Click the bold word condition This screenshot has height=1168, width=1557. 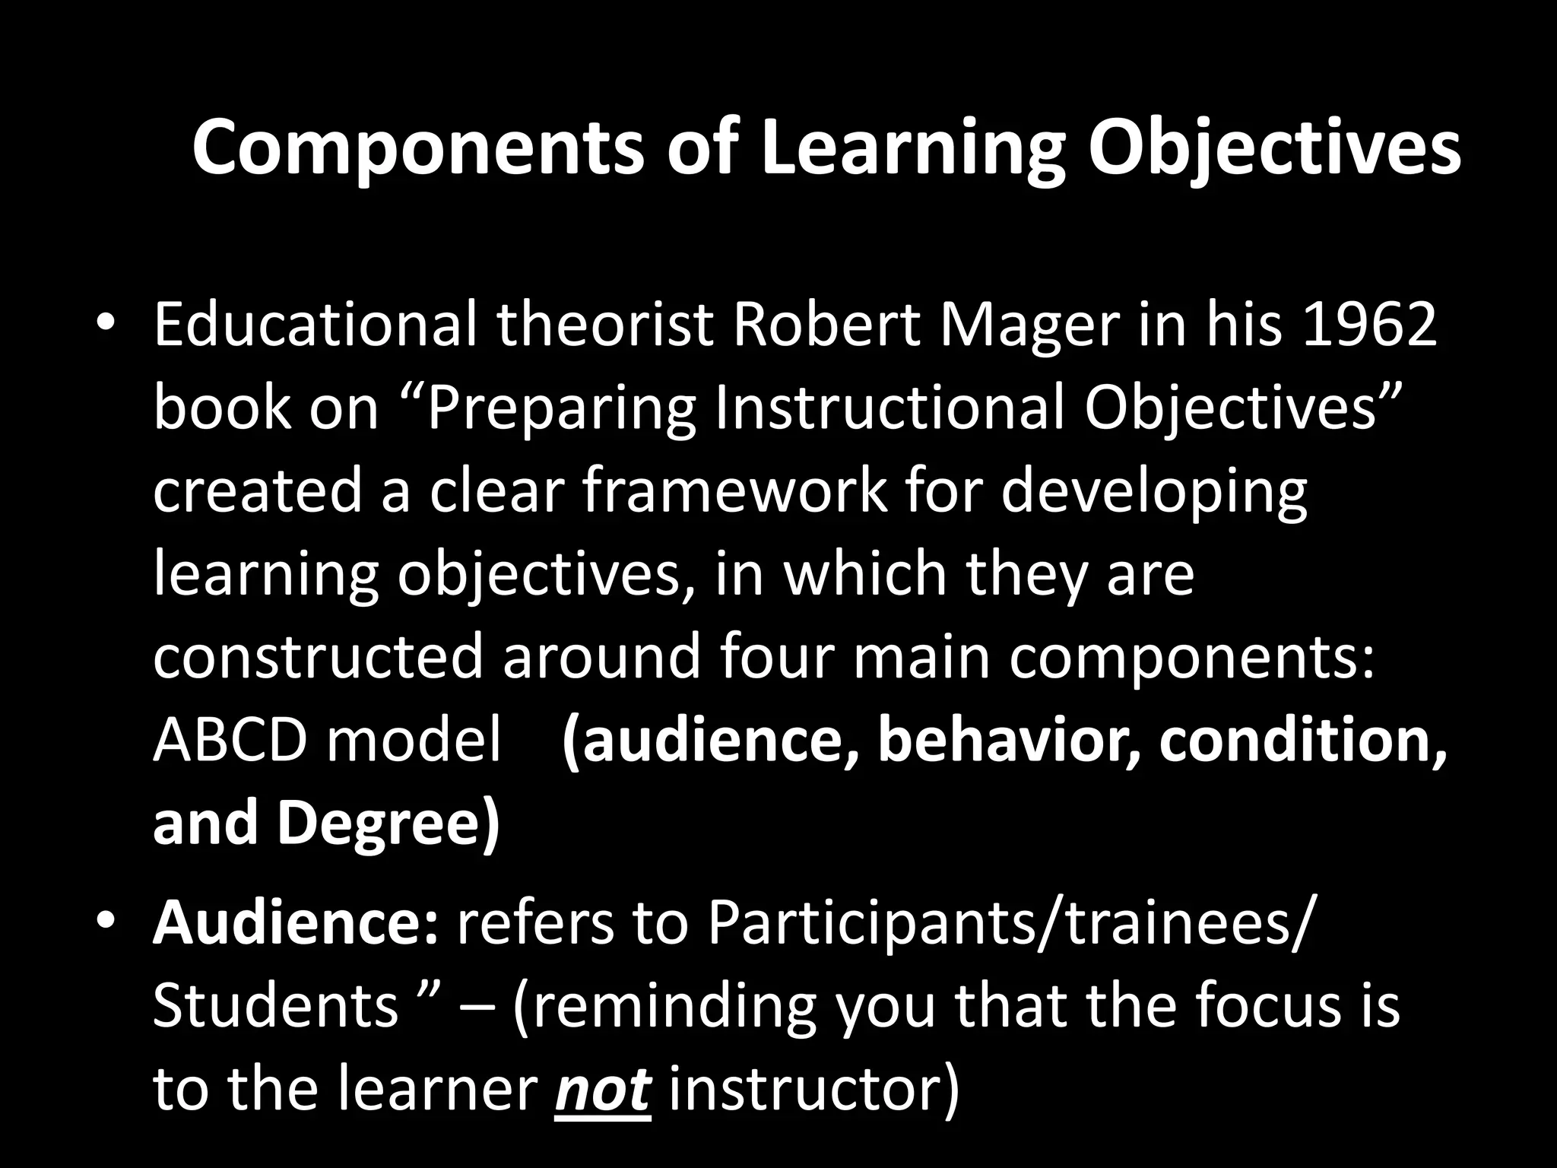point(1303,740)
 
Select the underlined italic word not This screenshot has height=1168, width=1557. point(603,1089)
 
